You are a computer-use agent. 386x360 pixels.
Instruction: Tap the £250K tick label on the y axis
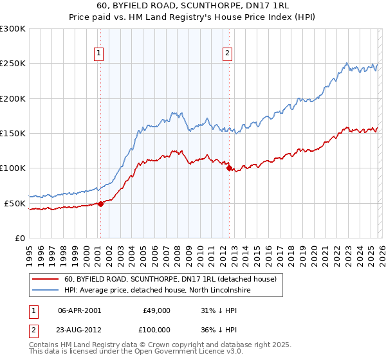click(13, 64)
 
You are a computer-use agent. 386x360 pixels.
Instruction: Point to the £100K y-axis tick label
click(13, 168)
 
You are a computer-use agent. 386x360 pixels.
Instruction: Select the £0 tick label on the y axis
click(20, 238)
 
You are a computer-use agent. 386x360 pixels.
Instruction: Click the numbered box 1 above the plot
click(100, 54)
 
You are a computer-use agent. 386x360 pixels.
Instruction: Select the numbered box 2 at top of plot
click(228, 54)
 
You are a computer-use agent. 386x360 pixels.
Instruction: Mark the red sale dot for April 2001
click(100, 204)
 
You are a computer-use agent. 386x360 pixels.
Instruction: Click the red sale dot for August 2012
click(230, 168)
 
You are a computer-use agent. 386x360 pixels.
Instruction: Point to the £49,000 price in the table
click(156, 310)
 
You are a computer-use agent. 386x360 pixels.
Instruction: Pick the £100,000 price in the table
click(156, 329)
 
